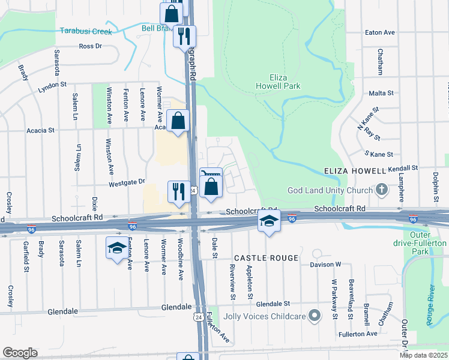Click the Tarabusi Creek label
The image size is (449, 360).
click(86, 31)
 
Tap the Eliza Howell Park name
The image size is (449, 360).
click(277, 82)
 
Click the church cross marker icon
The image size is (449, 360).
click(381, 190)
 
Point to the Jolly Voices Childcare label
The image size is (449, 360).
click(264, 316)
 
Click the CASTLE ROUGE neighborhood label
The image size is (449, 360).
click(266, 258)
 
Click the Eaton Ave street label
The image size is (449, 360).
click(381, 32)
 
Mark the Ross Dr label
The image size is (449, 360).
click(91, 46)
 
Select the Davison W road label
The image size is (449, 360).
click(325, 264)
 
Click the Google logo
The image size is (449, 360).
click(20, 353)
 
